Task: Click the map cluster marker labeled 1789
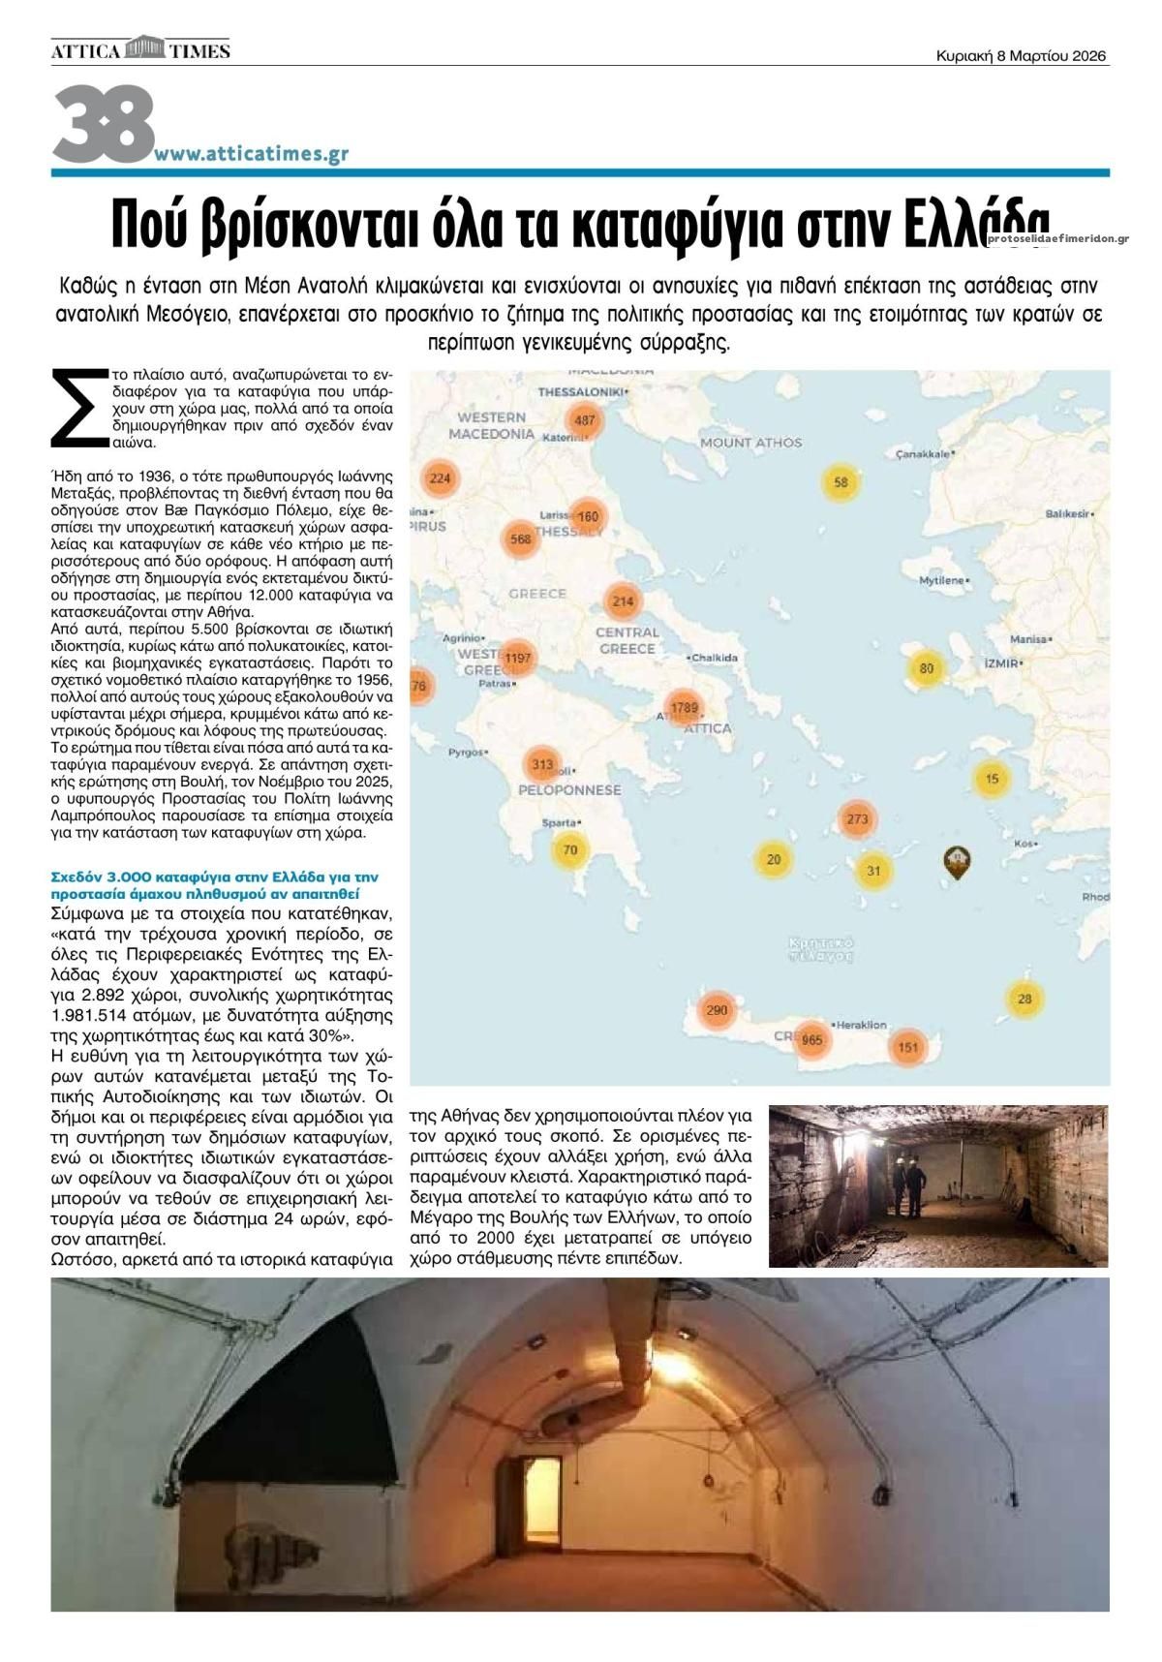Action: coord(684,708)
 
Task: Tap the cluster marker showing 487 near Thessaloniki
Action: coord(585,420)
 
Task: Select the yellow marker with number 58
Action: coord(841,482)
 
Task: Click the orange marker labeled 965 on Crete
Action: coord(811,1040)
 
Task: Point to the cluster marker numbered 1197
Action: coord(518,659)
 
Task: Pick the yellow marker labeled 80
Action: coord(927,668)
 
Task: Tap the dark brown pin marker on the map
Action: coord(957,861)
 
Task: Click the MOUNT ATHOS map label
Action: coord(750,443)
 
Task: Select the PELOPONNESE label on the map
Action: coord(569,790)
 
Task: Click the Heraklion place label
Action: coord(860,1025)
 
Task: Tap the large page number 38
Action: coord(103,124)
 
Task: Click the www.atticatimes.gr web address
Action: coord(252,153)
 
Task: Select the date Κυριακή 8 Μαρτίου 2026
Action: coord(1021,56)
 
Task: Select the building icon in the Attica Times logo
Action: coord(147,48)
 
